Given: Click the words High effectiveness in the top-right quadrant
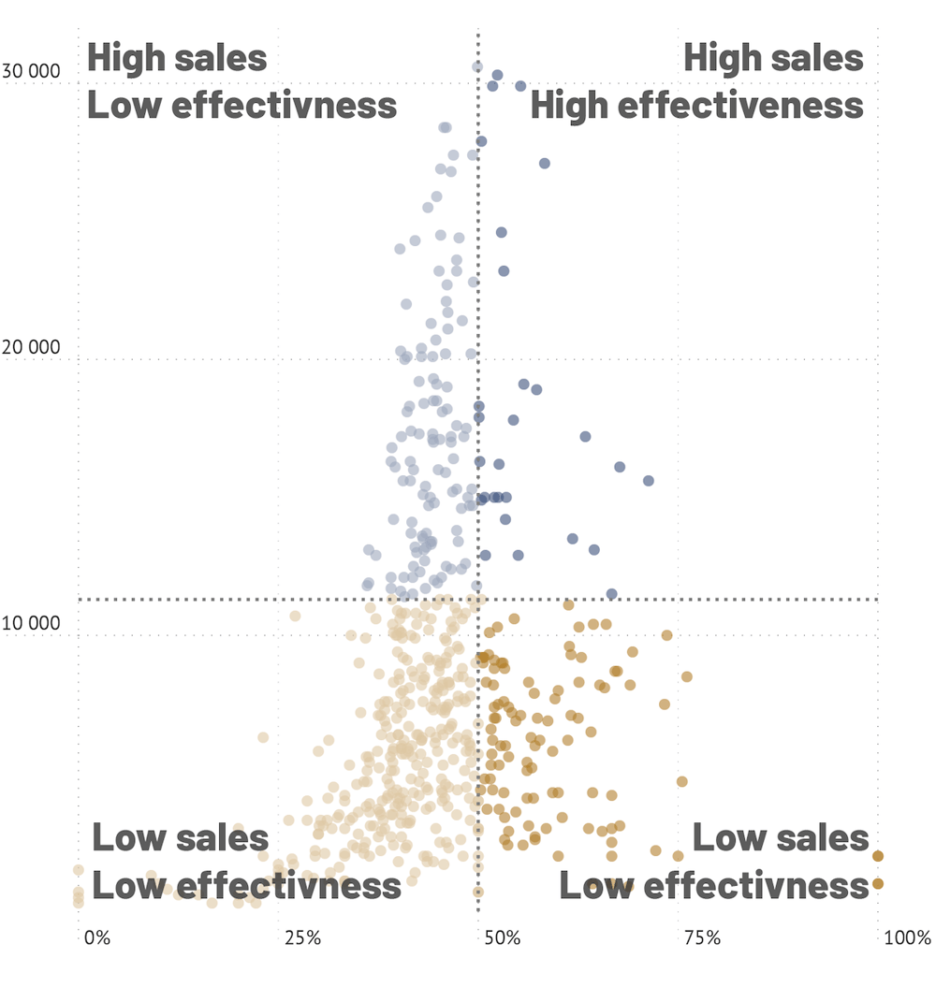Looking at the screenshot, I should click(696, 105).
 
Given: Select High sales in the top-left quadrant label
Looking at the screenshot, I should click(177, 58).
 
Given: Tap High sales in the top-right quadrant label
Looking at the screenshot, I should click(773, 58).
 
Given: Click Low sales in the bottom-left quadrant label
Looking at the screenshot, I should click(180, 838).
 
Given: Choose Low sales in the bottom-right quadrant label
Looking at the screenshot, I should click(781, 838).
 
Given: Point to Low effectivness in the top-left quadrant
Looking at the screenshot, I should click(241, 105).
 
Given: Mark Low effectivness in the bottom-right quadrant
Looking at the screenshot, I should click(713, 885).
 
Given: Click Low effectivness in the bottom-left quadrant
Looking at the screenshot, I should click(246, 885).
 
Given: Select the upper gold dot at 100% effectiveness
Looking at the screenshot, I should click(878, 856).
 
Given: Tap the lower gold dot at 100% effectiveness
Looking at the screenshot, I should click(878, 883).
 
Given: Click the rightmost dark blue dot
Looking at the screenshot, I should click(648, 481).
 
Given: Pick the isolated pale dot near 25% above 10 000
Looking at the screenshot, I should click(295, 616).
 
